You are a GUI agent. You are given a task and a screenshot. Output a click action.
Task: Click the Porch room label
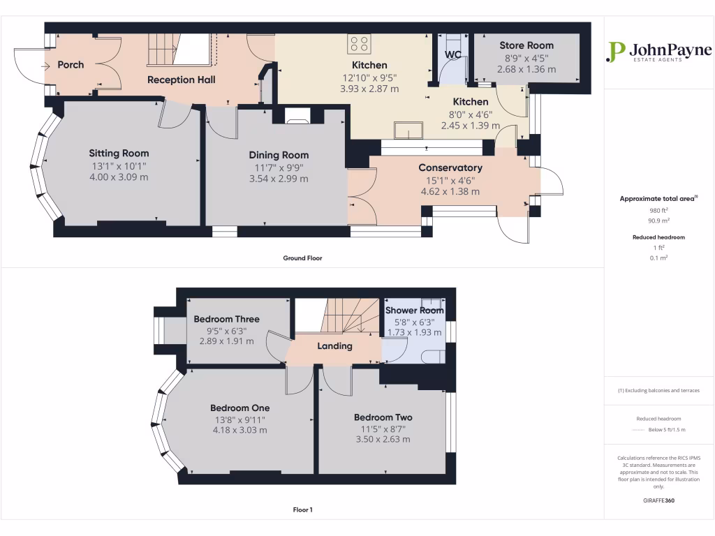click(71, 65)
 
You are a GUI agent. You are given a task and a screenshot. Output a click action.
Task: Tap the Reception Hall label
click(181, 80)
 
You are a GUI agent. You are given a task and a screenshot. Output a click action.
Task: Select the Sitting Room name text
click(119, 153)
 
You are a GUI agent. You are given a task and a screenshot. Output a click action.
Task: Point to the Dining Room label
click(279, 155)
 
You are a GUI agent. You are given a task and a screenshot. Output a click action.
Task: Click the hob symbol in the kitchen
click(359, 44)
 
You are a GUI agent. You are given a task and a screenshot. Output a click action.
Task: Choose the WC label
click(453, 54)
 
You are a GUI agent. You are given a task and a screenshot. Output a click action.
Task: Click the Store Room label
click(526, 45)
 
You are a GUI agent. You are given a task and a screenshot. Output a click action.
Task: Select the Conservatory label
click(450, 167)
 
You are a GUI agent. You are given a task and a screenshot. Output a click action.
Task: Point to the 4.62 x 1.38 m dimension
click(450, 191)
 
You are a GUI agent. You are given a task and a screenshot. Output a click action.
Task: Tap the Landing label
click(335, 345)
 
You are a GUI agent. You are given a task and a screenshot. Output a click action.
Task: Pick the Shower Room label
click(415, 310)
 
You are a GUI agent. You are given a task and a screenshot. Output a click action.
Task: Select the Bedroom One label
click(239, 408)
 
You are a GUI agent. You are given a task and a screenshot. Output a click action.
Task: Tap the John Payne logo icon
click(615, 52)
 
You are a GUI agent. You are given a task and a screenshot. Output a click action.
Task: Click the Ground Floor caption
click(302, 258)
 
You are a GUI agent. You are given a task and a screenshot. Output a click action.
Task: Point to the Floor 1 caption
click(302, 510)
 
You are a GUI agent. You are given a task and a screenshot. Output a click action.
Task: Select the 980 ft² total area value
click(658, 210)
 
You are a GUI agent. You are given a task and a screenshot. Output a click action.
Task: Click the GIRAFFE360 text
click(658, 500)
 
